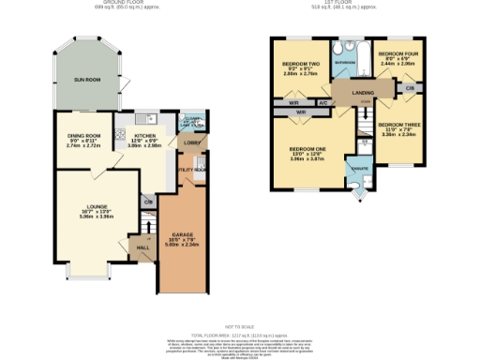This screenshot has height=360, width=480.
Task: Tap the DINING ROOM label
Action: pos(82,137)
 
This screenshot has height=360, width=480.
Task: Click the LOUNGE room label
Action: pos(97,206)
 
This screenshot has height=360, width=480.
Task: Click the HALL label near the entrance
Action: pos(142,248)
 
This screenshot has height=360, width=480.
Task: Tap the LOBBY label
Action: pos(190,142)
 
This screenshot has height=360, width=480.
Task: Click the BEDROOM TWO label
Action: pos(301,65)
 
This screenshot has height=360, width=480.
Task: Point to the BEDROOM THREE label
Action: pos(397,125)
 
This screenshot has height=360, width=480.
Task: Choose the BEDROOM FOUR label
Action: pos(397,55)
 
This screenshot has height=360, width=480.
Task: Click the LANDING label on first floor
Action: pos(365,92)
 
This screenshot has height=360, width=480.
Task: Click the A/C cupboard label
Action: pos(323,102)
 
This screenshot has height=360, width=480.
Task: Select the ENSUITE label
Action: pos(357,170)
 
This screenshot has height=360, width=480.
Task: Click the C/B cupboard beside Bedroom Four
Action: pos(410,86)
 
